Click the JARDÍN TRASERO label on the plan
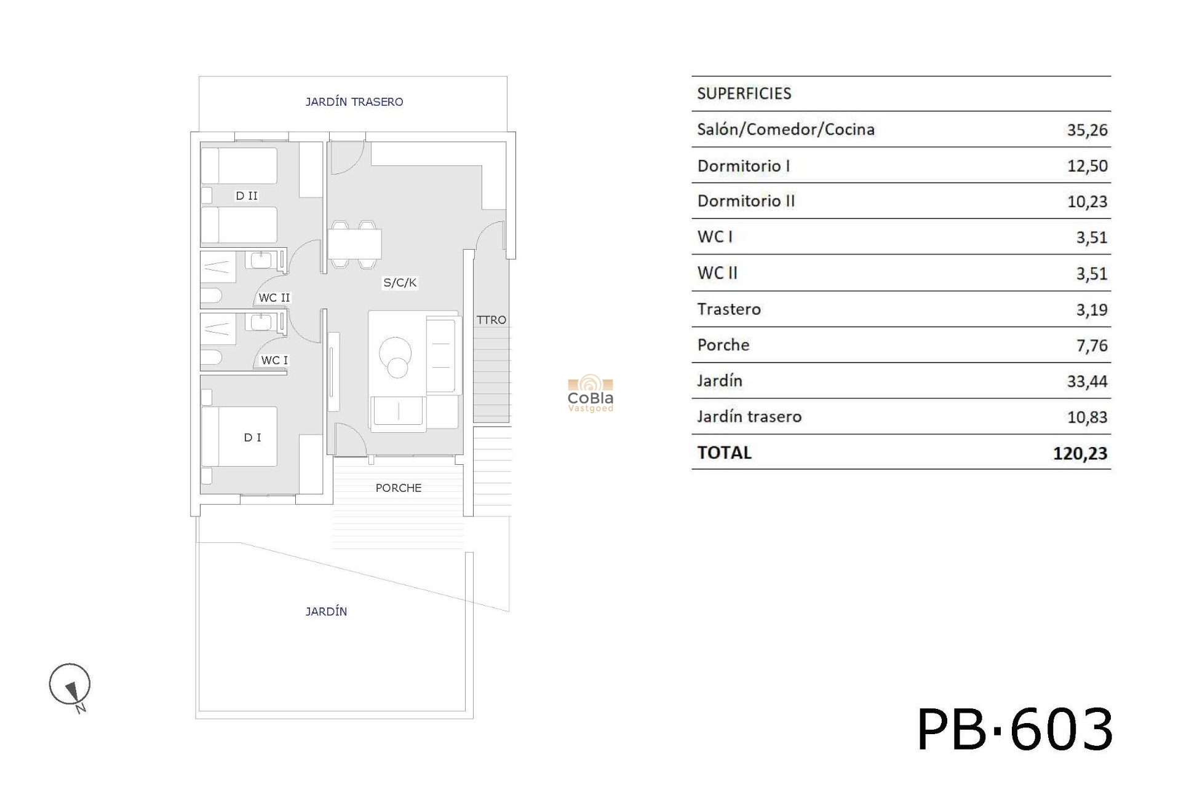[354, 101]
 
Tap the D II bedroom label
[247, 196]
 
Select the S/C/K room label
[400, 282]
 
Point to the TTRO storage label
[491, 320]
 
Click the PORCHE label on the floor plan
[399, 488]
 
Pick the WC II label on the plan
[274, 298]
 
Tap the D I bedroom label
[253, 437]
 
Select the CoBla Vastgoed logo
[590, 393]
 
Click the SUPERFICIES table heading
[744, 93]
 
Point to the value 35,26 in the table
[1087, 130]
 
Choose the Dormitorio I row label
[744, 165]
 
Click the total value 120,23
[1080, 453]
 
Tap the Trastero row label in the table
[729, 309]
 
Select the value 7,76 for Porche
[1092, 346]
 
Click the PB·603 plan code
[1015, 729]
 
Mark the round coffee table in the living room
[395, 357]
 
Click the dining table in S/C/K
[354, 244]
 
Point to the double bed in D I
[239, 436]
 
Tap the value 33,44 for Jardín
[1087, 381]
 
